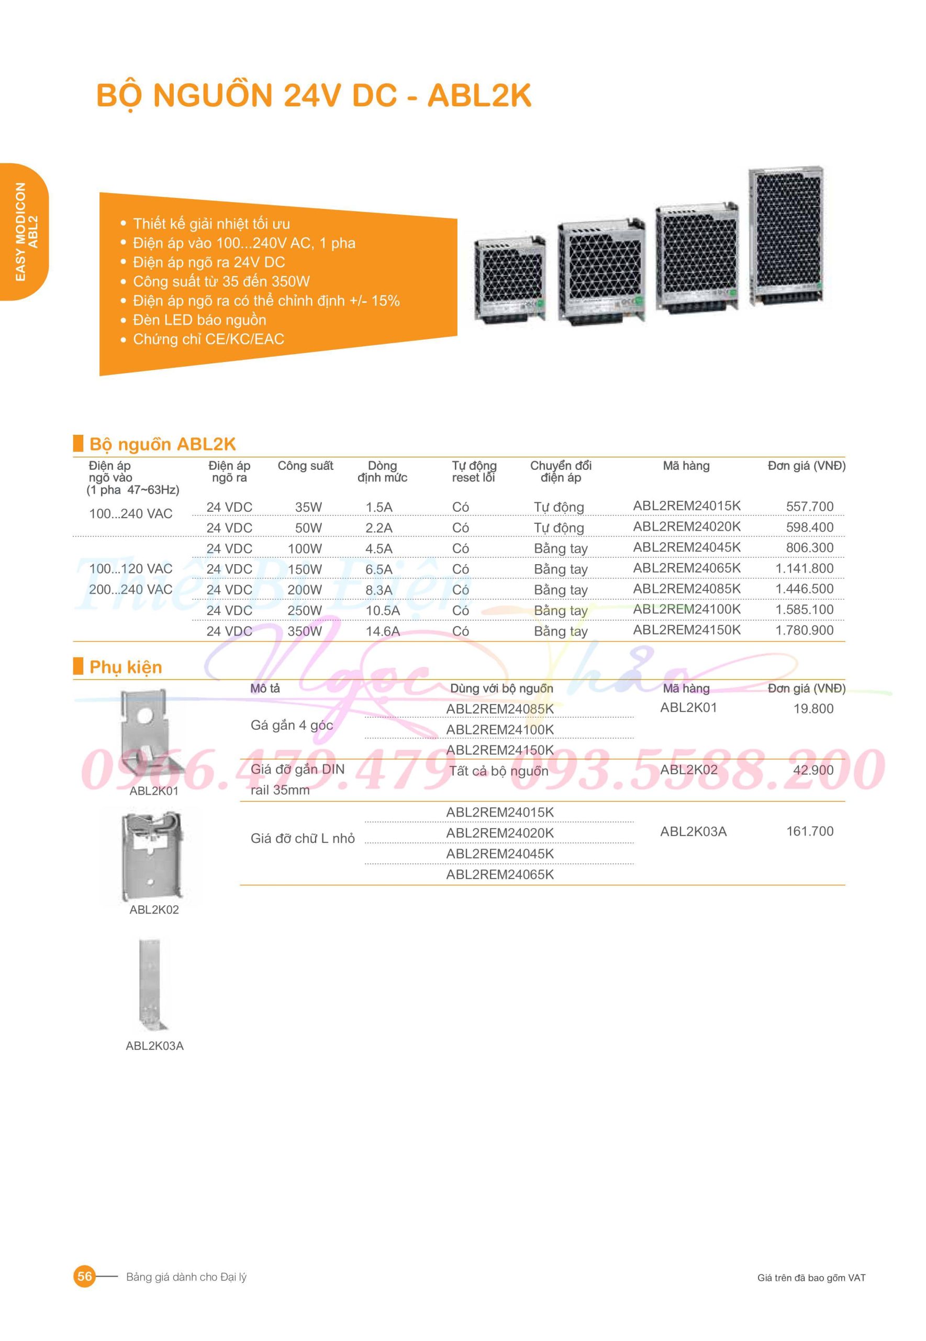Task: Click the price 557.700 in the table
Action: point(809,506)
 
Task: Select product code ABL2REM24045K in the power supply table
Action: point(686,547)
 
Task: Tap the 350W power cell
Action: point(305,631)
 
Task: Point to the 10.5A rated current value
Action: point(382,610)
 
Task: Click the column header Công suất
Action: point(305,466)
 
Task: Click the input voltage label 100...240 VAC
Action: point(130,513)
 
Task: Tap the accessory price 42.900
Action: point(813,770)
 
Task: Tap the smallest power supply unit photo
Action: point(510,278)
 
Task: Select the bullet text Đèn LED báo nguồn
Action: point(199,320)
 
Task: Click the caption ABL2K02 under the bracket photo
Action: point(154,910)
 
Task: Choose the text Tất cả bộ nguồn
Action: point(499,771)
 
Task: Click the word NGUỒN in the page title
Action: point(213,95)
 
